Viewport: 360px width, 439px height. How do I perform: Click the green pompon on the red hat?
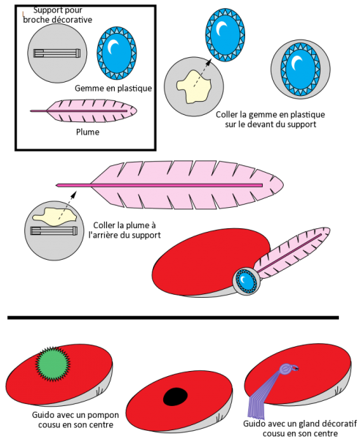(x=53, y=364)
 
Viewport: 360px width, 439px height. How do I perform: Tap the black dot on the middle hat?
(x=175, y=397)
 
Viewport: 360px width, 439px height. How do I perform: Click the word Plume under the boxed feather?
(x=88, y=132)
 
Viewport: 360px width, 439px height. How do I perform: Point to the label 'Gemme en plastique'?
(x=113, y=89)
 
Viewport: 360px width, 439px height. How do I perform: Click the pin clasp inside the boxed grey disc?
(x=57, y=53)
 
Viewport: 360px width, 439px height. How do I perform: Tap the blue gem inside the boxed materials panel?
(x=117, y=53)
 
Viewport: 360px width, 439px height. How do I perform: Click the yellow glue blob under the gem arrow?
(x=193, y=86)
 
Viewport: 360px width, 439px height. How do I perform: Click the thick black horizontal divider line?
(x=173, y=318)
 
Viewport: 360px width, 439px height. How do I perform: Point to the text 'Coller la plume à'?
(x=124, y=225)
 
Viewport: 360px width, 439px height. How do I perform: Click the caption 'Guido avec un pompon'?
(x=75, y=415)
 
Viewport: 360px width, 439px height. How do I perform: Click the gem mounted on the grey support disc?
(x=301, y=69)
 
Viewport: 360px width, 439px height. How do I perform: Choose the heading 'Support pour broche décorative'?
(x=58, y=15)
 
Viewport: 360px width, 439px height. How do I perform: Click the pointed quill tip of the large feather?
(x=57, y=185)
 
